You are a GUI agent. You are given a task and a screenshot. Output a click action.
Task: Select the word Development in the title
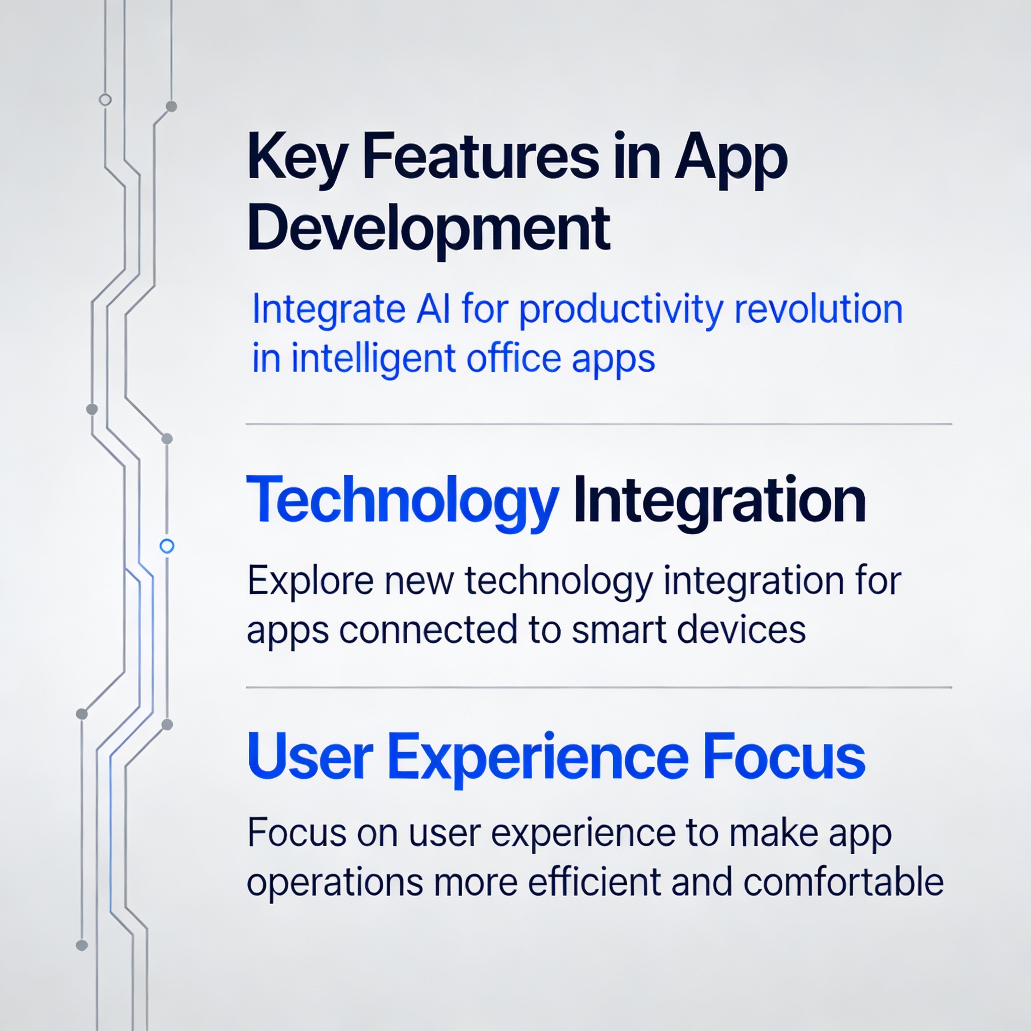coord(428,230)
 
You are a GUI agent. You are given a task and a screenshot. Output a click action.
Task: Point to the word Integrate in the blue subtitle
coord(328,311)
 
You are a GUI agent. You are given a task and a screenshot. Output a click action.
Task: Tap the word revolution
coord(818,309)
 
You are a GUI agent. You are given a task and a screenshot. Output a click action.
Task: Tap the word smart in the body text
coord(619,630)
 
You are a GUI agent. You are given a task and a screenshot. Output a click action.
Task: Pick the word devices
coord(741,630)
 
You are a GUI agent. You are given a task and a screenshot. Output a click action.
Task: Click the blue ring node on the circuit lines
coord(167,546)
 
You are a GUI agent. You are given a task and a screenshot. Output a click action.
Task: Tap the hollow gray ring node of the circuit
coord(106,100)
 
